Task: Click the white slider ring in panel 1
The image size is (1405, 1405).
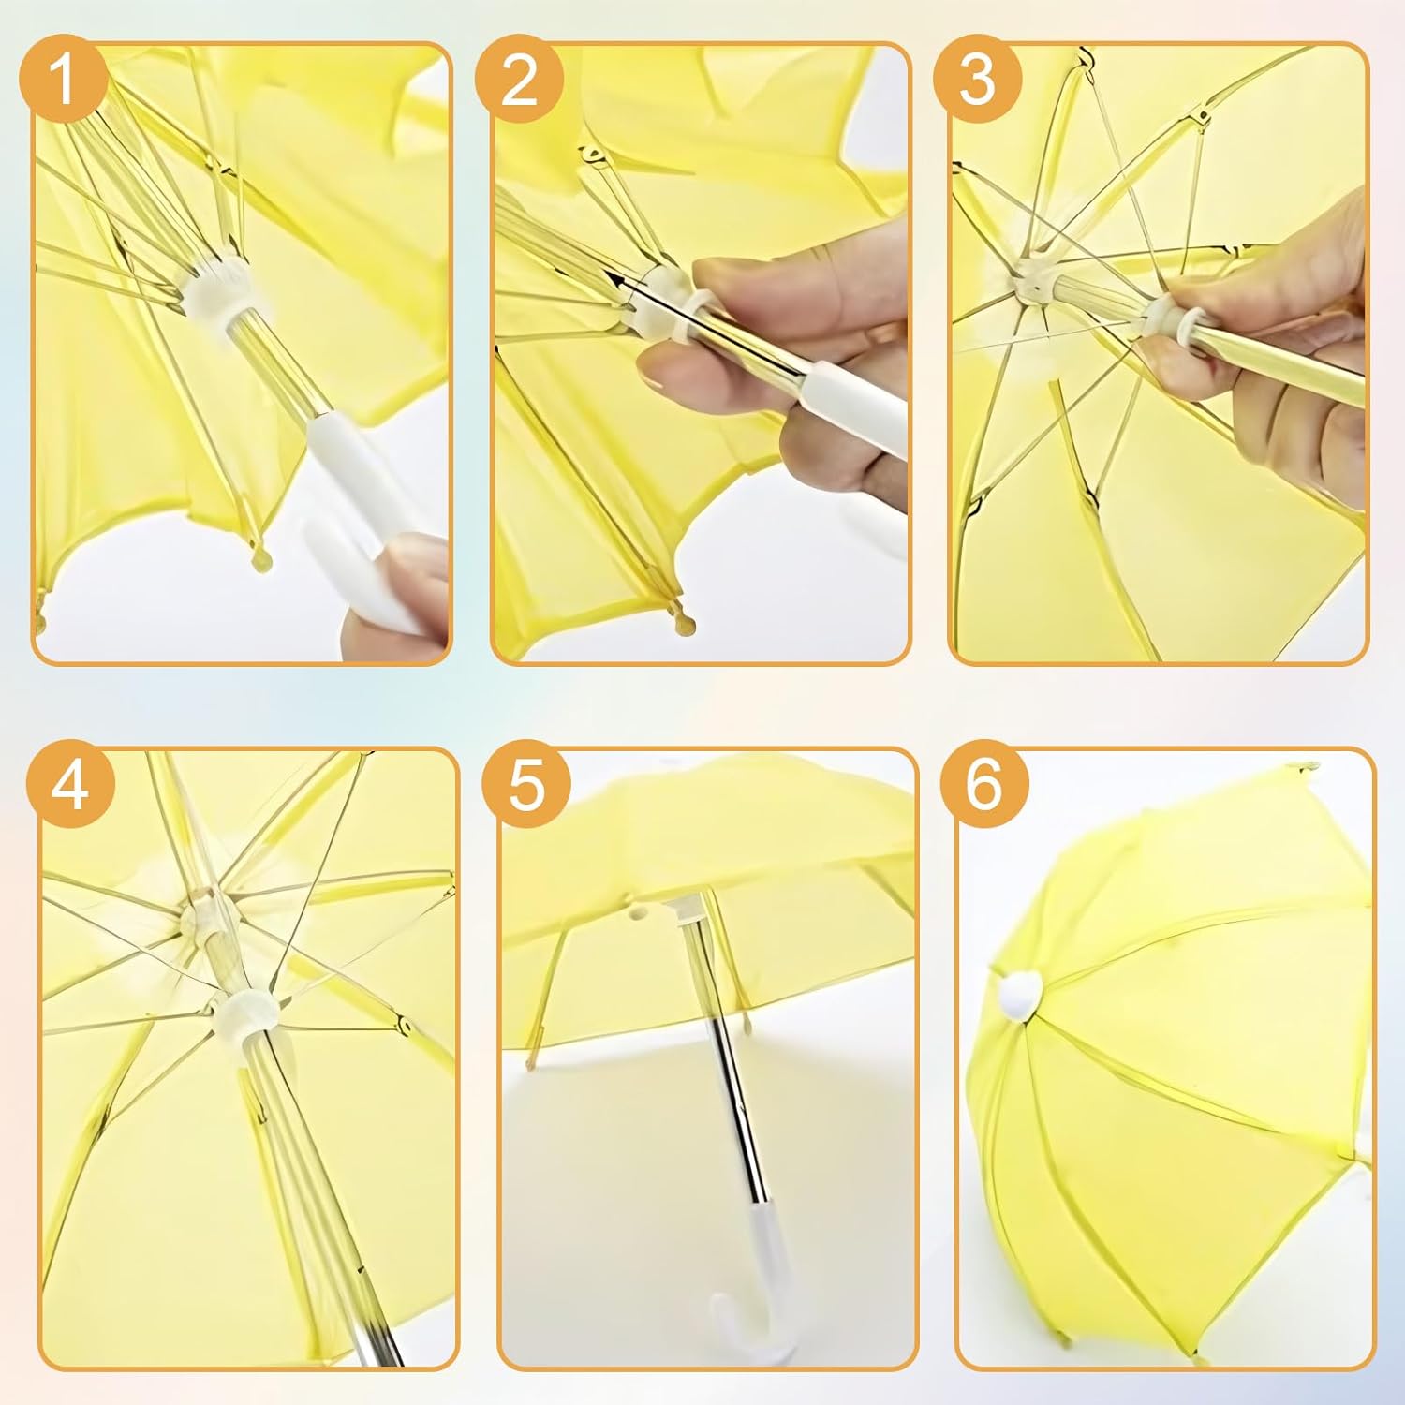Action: pos(217,291)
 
